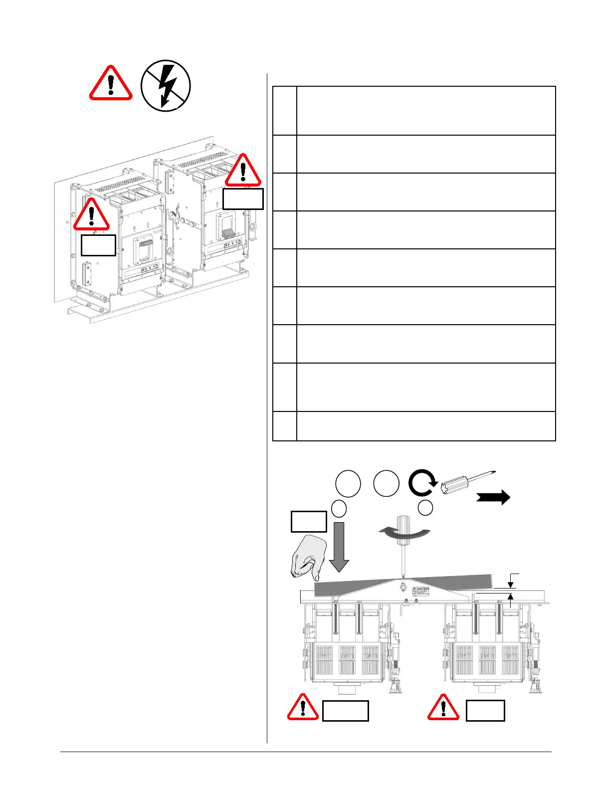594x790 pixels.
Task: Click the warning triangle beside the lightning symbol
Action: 111,85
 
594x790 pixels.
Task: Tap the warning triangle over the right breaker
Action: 243,171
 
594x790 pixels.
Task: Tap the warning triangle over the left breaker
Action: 91,215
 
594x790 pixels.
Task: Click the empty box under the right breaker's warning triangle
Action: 243,198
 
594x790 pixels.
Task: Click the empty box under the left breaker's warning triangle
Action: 98,245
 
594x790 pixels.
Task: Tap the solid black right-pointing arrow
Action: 493,497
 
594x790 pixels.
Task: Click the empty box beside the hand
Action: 309,522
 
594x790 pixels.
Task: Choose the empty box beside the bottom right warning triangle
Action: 485,710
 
